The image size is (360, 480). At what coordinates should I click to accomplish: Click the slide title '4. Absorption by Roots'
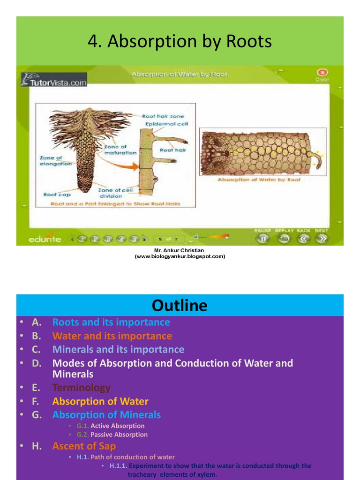point(180,42)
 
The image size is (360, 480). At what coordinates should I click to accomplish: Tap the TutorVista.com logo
point(54,82)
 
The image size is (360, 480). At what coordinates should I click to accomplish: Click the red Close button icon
point(322,73)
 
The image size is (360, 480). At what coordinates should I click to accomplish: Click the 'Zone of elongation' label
point(56,161)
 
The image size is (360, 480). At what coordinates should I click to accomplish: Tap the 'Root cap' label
point(57,195)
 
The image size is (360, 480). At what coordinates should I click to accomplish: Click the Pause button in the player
point(263,238)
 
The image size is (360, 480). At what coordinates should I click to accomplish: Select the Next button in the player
point(322,238)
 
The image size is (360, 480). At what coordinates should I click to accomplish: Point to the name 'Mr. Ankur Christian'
point(179,250)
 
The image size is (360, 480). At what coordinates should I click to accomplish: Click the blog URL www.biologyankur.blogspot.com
point(180,256)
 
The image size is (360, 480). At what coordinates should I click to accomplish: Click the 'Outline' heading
point(180,306)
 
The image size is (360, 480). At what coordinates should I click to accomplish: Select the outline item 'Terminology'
point(82,388)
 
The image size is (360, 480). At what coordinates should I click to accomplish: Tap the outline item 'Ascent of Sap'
point(84,446)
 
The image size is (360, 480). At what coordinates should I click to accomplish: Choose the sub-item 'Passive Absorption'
point(119,435)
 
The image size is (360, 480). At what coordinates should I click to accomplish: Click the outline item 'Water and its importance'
point(112,336)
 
